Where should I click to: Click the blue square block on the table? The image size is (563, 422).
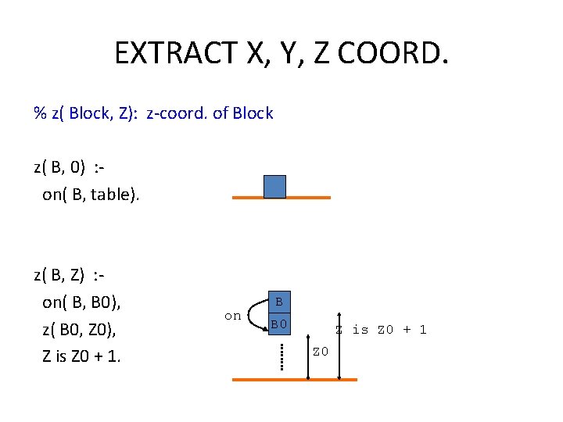(x=274, y=187)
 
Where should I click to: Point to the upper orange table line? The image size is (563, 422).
(x=281, y=198)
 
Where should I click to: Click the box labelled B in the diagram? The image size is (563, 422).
(x=279, y=302)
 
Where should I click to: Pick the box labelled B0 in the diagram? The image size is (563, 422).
(x=279, y=324)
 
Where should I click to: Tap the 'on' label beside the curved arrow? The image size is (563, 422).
(x=233, y=316)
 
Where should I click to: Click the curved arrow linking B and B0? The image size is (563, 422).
(x=254, y=313)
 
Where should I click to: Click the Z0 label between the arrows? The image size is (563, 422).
(x=321, y=352)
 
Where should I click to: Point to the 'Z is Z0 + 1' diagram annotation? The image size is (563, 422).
(x=382, y=330)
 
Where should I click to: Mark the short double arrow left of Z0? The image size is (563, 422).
(x=308, y=359)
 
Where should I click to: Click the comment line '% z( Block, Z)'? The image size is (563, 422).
(x=153, y=113)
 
